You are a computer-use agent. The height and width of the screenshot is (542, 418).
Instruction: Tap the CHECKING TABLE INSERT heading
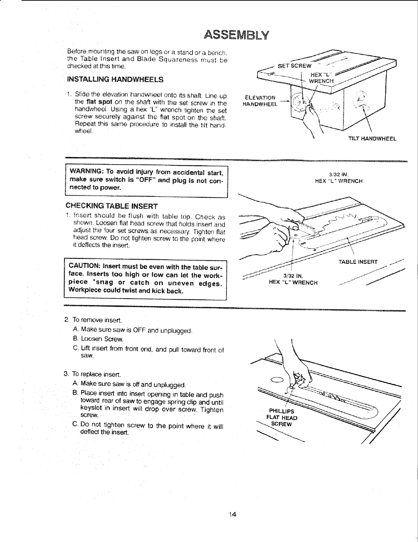112,206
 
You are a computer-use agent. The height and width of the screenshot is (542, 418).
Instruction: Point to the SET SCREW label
295,66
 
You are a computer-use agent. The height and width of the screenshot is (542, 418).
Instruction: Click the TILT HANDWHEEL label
372,139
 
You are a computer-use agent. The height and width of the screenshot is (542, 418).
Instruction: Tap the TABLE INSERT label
358,262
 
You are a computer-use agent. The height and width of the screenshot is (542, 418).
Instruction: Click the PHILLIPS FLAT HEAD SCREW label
283,417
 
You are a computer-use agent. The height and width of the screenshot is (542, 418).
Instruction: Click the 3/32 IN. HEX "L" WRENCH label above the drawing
338,178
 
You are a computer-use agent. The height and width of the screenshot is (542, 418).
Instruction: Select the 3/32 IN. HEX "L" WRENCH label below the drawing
293,279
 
